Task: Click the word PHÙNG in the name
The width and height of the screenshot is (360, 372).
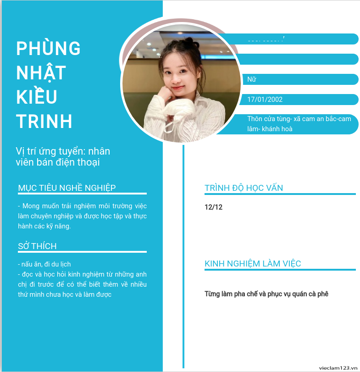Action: [49, 48]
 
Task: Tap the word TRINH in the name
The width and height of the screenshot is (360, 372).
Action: [44, 121]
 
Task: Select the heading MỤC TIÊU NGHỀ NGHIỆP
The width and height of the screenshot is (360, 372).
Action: [67, 188]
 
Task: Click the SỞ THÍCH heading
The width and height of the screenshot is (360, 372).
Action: [38, 246]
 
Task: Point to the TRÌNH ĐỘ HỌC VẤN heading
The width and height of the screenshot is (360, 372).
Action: [244, 188]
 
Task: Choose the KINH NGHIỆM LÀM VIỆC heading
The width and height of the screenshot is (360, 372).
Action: [253, 264]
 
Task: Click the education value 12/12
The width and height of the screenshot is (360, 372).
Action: [213, 207]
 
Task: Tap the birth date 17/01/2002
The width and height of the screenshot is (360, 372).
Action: [265, 100]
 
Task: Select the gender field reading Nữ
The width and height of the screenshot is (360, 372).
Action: [251, 79]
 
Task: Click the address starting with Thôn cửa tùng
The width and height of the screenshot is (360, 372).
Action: [299, 124]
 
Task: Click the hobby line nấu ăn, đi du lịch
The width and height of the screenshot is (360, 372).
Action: [44, 264]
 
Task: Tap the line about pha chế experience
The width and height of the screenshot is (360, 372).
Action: [266, 294]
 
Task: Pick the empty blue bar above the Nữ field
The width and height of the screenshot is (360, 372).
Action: [298, 59]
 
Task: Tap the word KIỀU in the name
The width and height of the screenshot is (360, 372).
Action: [37, 97]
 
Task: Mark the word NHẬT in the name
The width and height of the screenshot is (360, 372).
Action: [41, 72]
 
